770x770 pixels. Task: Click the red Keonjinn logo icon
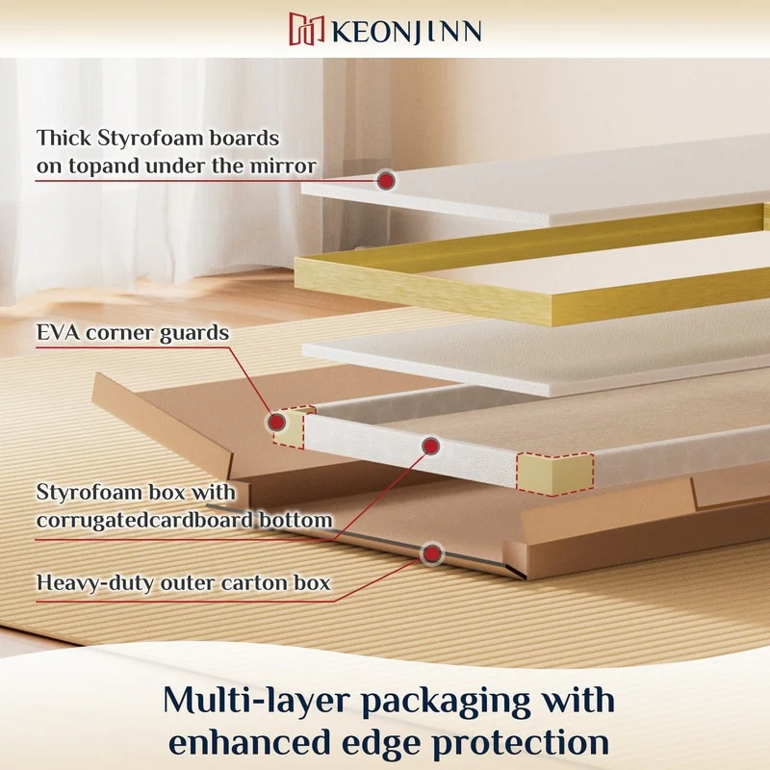(306, 29)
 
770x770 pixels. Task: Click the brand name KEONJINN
(406, 32)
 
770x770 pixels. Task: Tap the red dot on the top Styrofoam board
(387, 181)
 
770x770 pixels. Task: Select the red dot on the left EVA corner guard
(277, 422)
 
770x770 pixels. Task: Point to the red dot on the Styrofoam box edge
(430, 446)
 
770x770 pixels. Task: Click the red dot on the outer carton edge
(432, 554)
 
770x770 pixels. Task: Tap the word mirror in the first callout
(283, 166)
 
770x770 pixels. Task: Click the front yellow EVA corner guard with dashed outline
(554, 473)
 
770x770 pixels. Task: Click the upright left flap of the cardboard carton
(162, 426)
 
